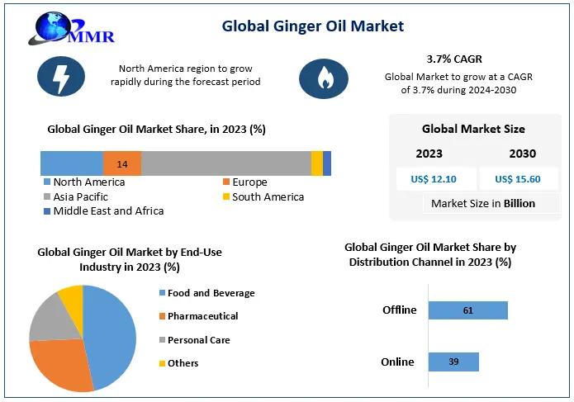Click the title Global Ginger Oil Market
313,26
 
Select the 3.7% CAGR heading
453,59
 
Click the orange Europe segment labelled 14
122,164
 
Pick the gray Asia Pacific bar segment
225,164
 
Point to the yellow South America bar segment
316,164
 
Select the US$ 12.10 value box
433,178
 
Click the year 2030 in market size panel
522,154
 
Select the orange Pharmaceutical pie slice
63,363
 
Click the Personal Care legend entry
198,340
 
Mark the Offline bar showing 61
467,310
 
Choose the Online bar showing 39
453,362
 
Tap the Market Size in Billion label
483,203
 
